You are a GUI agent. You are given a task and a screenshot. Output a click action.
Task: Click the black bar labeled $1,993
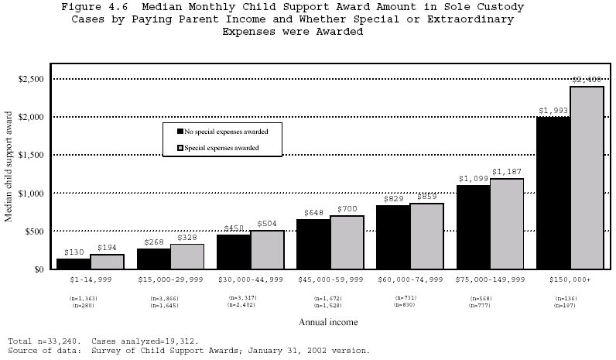pos(553,193)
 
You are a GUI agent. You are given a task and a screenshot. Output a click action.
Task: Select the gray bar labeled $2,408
pos(586,177)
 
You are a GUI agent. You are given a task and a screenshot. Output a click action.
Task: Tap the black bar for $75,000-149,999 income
pos(473,227)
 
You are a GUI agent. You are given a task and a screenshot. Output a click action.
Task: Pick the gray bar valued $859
pos(426,235)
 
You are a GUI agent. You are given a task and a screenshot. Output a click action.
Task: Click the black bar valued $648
pos(313,244)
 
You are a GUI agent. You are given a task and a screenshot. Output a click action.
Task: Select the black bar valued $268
pos(153,259)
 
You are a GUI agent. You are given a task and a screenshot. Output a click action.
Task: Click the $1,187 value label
pos(508,171)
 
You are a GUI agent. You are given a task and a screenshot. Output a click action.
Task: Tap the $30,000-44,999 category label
pos(250,279)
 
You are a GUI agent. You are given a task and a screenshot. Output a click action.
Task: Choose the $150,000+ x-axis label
pos(570,279)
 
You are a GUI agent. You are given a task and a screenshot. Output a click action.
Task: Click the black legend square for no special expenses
pos(180,132)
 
